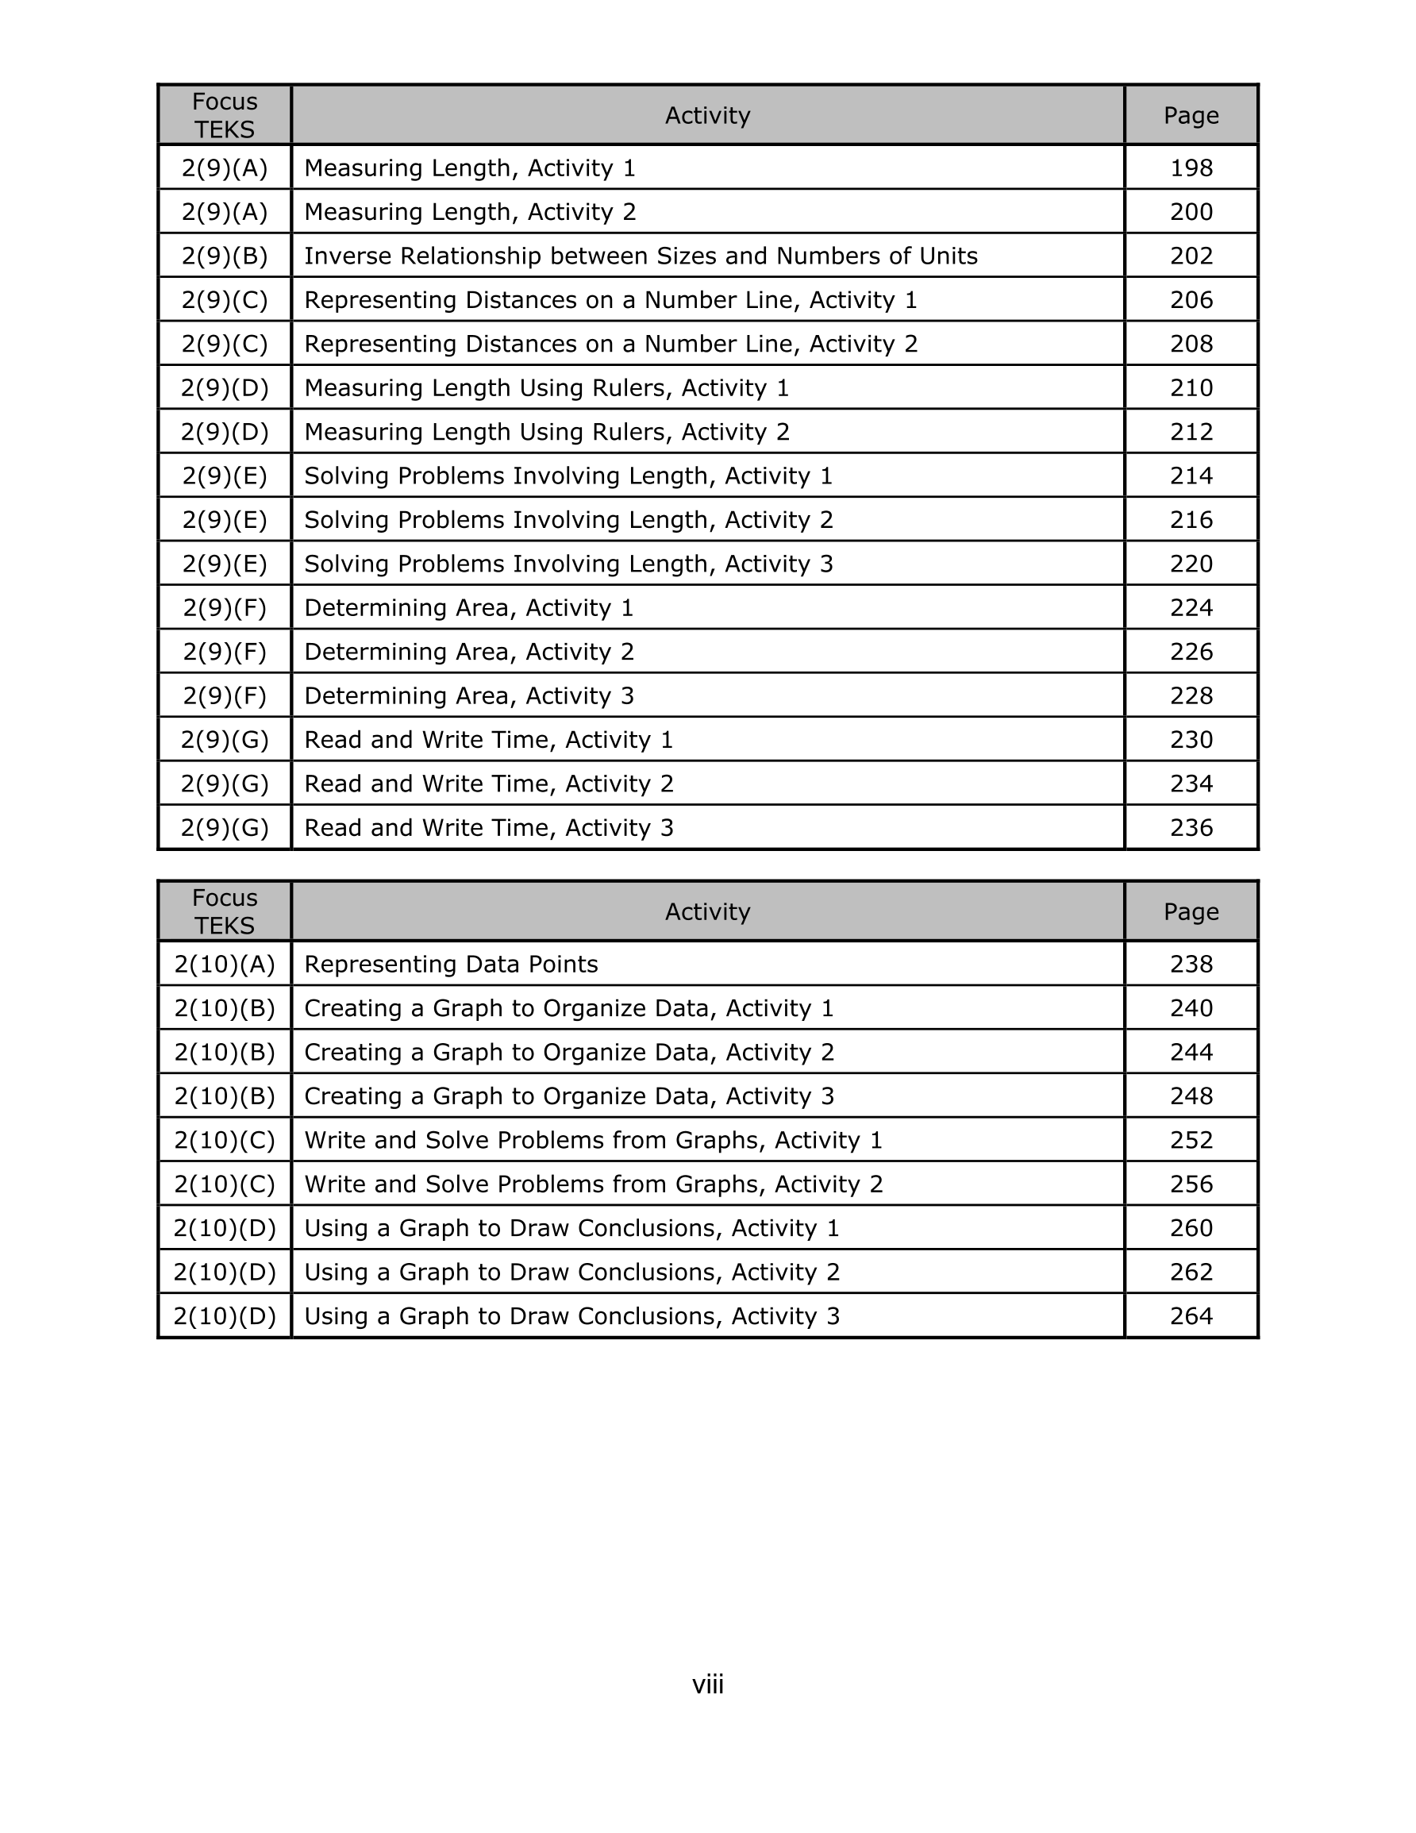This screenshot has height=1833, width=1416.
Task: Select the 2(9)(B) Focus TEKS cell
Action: coord(224,256)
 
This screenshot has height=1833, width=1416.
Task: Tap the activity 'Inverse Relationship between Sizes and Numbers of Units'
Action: coord(641,256)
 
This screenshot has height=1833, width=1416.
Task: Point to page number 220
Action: coord(1191,564)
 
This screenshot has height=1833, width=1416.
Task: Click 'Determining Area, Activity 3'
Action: coord(468,695)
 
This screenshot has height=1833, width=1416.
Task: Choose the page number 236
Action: coord(1191,827)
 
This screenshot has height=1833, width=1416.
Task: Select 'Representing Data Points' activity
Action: coord(451,965)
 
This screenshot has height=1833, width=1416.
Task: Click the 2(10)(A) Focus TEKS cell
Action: coord(224,965)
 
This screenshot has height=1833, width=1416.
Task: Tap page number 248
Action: coord(1191,1096)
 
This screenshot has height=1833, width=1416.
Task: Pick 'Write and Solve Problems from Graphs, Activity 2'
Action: coord(594,1184)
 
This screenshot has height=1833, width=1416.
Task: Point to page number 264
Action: coord(1191,1316)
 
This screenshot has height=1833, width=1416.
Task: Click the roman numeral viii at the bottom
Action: coord(707,1685)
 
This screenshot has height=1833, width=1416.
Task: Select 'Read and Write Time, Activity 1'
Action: coord(488,739)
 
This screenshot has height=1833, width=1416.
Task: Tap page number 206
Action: coord(1191,300)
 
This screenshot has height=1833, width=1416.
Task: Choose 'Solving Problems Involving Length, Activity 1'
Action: coord(568,476)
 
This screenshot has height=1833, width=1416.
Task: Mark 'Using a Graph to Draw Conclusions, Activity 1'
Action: coord(571,1228)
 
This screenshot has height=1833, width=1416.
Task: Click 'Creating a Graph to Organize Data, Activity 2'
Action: coord(569,1053)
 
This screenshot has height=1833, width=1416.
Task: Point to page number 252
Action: coord(1191,1140)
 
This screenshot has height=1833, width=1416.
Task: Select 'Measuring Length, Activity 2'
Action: coord(470,212)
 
